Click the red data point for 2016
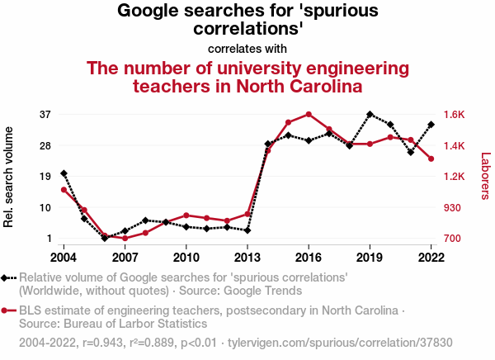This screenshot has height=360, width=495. coord(309,114)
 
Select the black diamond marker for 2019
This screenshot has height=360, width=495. coord(370,114)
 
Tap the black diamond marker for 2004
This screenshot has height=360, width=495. coord(64,173)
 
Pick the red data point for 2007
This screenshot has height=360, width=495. coord(125,239)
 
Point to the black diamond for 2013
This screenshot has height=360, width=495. coord(247,230)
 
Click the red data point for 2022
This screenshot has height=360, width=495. coord(431,159)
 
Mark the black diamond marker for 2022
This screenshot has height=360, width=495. coord(431,125)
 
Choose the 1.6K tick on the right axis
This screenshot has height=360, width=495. coord(455,114)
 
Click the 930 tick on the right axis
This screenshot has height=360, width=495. coord(454,208)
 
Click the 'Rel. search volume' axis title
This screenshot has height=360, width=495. coord(10,177)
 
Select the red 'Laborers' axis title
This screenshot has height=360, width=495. coord(485,176)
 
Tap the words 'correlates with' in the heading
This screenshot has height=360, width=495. coord(247,49)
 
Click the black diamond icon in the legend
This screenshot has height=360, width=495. coord(7,277)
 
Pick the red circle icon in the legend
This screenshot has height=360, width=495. coord(7,310)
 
